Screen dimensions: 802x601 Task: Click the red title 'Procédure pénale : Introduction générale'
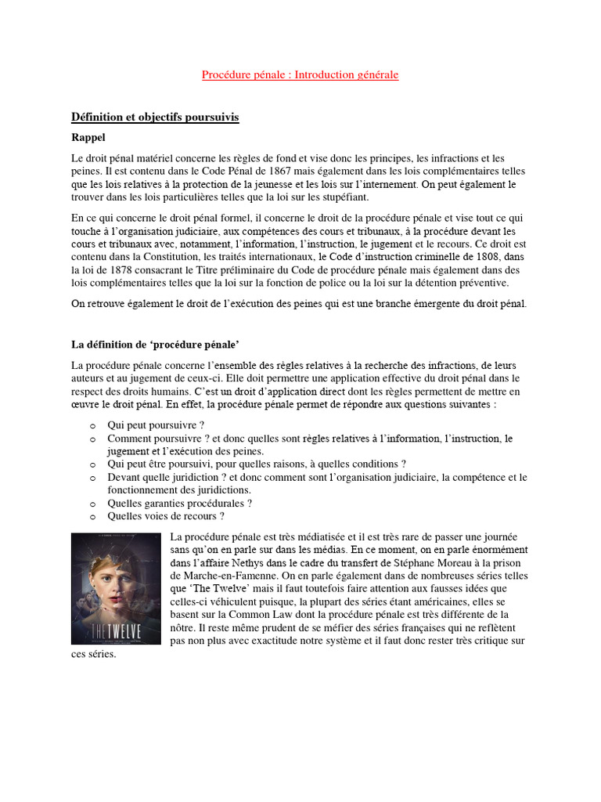[x=300, y=74]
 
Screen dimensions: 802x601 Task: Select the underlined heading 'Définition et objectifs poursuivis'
[x=155, y=117]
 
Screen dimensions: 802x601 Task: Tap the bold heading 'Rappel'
[x=88, y=137]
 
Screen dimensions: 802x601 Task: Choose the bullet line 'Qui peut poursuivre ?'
[x=156, y=425]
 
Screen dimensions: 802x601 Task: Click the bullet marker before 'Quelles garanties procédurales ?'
[x=92, y=504]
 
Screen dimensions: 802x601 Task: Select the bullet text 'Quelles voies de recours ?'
[x=166, y=516]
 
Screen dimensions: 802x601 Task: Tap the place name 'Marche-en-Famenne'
[x=214, y=576]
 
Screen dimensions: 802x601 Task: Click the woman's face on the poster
[x=110, y=579]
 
